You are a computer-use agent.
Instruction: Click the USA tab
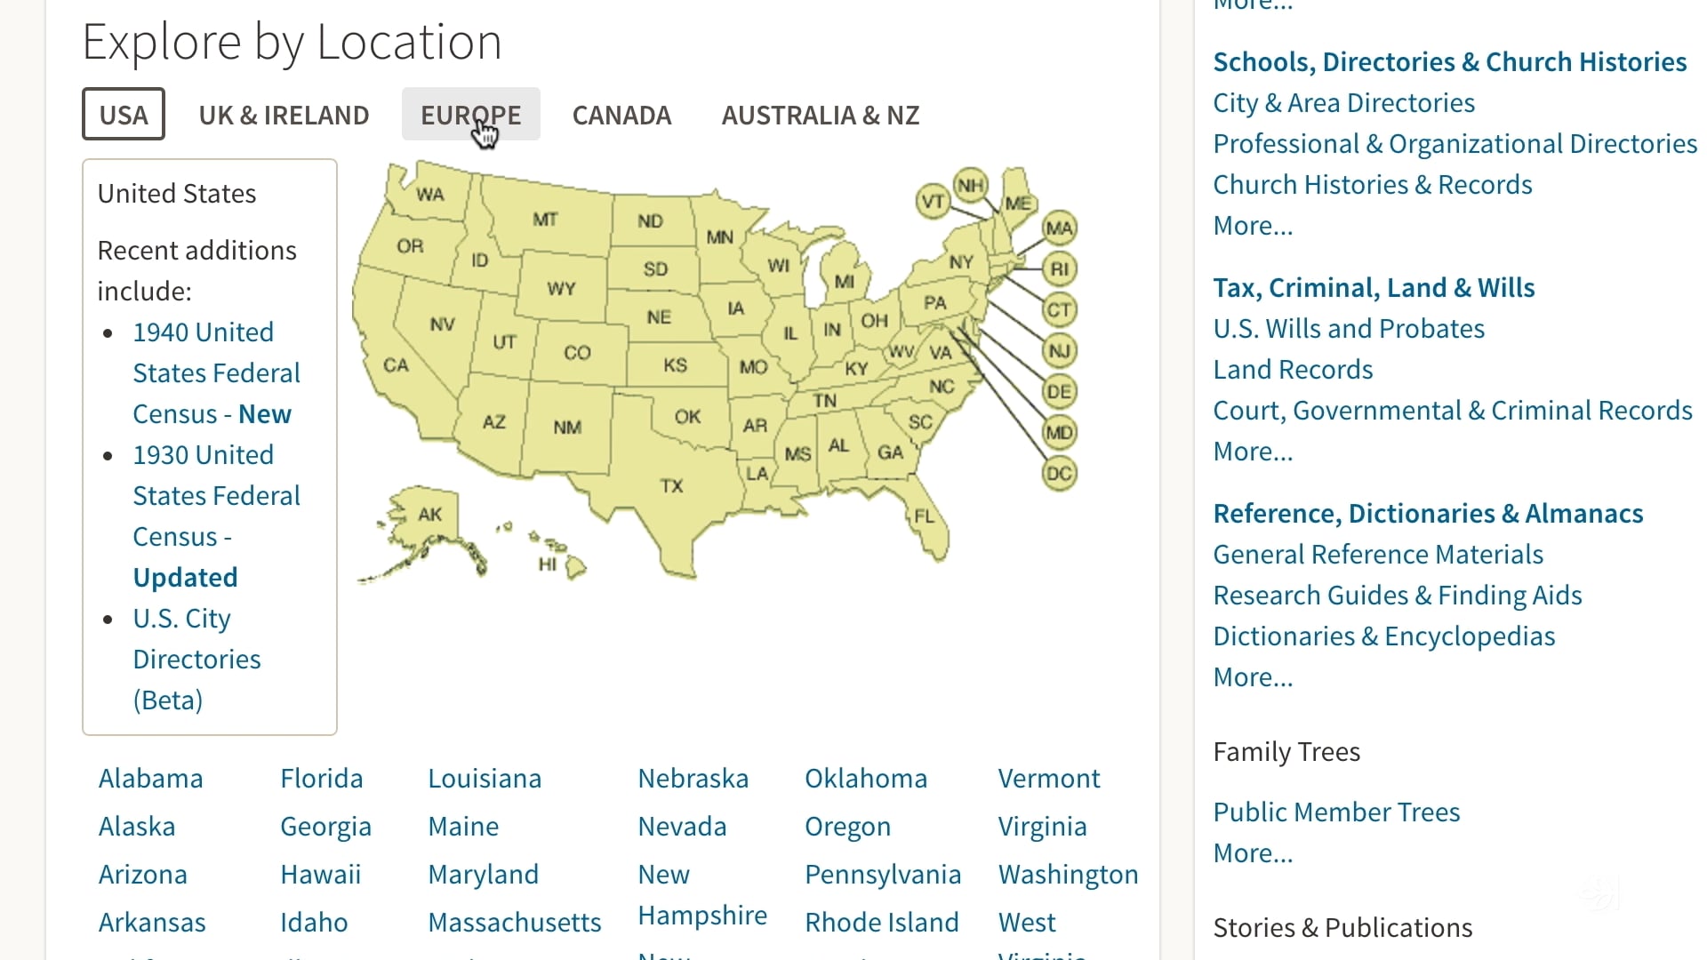coord(124,115)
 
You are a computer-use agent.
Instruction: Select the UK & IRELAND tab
coord(284,115)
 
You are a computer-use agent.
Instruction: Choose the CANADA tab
coord(621,115)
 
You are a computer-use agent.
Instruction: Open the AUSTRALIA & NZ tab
coord(820,115)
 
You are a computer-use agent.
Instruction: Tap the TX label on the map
coord(671,486)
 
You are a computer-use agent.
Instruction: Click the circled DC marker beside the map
coord(1059,473)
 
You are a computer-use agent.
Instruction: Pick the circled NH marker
coord(970,185)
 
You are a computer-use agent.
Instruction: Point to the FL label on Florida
coord(924,516)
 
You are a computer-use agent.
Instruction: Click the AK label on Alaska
coord(430,515)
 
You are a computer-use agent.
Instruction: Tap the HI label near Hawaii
coord(548,564)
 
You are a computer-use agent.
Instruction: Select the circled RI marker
coord(1059,268)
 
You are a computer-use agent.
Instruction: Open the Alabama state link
coord(150,779)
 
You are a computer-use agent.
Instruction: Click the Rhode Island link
coord(881,923)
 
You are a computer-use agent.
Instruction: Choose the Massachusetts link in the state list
coord(514,923)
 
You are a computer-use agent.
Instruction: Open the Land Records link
coord(1293,370)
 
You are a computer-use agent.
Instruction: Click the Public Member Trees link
coord(1336,812)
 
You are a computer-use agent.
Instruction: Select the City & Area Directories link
coord(1343,103)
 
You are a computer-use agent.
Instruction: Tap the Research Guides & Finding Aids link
coord(1397,596)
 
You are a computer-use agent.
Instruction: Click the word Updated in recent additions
coord(185,578)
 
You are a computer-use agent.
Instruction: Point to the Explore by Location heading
coord(292,42)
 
